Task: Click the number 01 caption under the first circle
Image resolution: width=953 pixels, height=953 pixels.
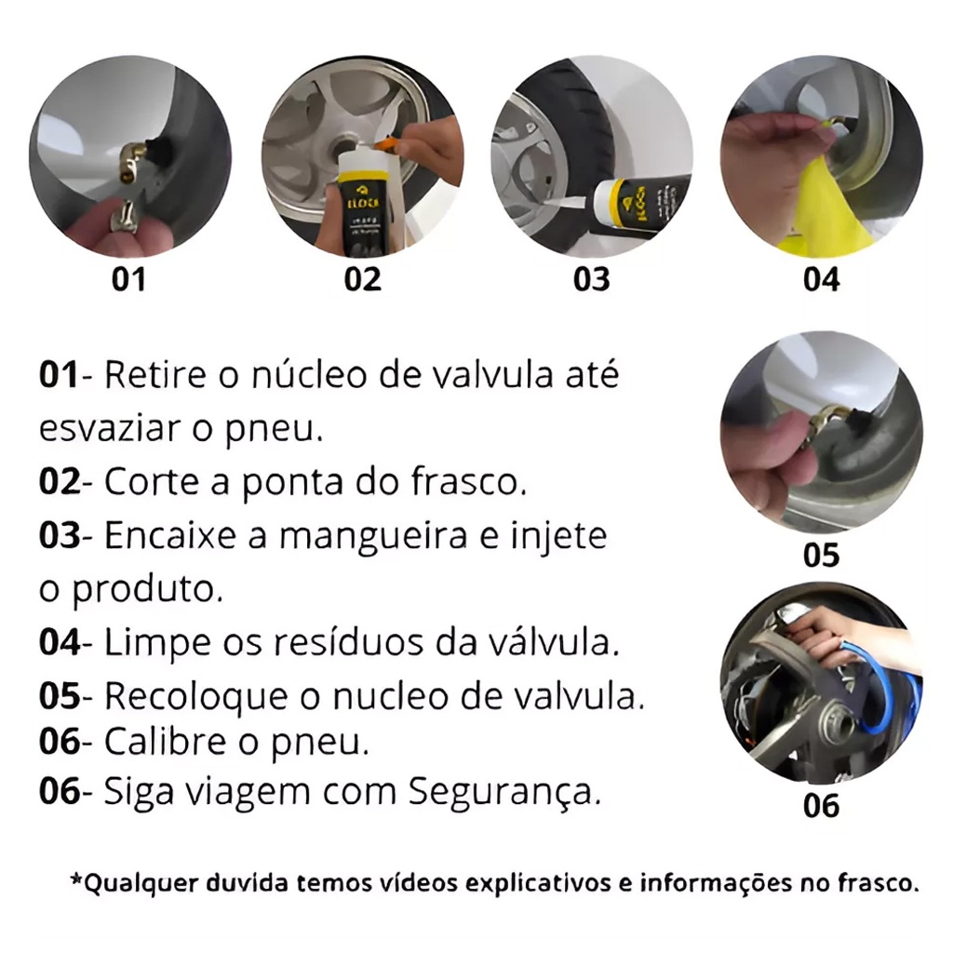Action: (x=128, y=279)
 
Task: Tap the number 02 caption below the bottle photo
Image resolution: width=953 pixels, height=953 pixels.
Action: (x=362, y=279)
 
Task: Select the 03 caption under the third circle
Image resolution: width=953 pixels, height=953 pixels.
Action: (x=591, y=279)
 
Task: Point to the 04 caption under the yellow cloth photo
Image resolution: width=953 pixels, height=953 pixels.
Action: (x=821, y=279)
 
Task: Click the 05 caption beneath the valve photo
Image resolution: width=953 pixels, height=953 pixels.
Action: (x=821, y=555)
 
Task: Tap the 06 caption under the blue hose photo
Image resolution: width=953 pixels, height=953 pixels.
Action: (x=821, y=806)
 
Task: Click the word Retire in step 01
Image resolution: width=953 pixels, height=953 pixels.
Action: (x=155, y=374)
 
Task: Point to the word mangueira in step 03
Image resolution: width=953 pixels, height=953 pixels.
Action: (x=372, y=536)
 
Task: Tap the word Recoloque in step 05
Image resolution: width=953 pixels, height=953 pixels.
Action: (x=196, y=696)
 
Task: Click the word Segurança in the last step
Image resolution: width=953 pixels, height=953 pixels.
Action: (x=503, y=792)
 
